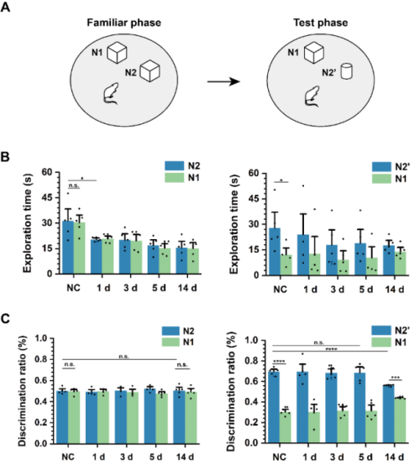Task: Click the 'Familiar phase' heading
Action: [124, 23]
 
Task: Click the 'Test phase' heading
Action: [320, 23]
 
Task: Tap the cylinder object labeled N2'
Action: [346, 71]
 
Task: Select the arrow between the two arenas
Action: [223, 81]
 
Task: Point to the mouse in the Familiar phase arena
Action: [110, 94]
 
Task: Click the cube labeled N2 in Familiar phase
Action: [150, 70]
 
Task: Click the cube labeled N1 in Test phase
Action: [314, 52]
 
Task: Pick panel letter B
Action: [5, 158]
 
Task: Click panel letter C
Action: [5, 319]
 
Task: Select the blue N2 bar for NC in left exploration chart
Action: [68, 248]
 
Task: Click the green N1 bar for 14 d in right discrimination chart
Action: [400, 420]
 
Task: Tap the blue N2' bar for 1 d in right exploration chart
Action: [303, 254]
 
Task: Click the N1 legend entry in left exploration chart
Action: [182, 177]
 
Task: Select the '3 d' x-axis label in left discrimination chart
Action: [127, 457]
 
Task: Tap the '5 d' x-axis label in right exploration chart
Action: [366, 290]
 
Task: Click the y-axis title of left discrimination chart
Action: [22, 391]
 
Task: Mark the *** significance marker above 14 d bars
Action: [396, 378]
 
